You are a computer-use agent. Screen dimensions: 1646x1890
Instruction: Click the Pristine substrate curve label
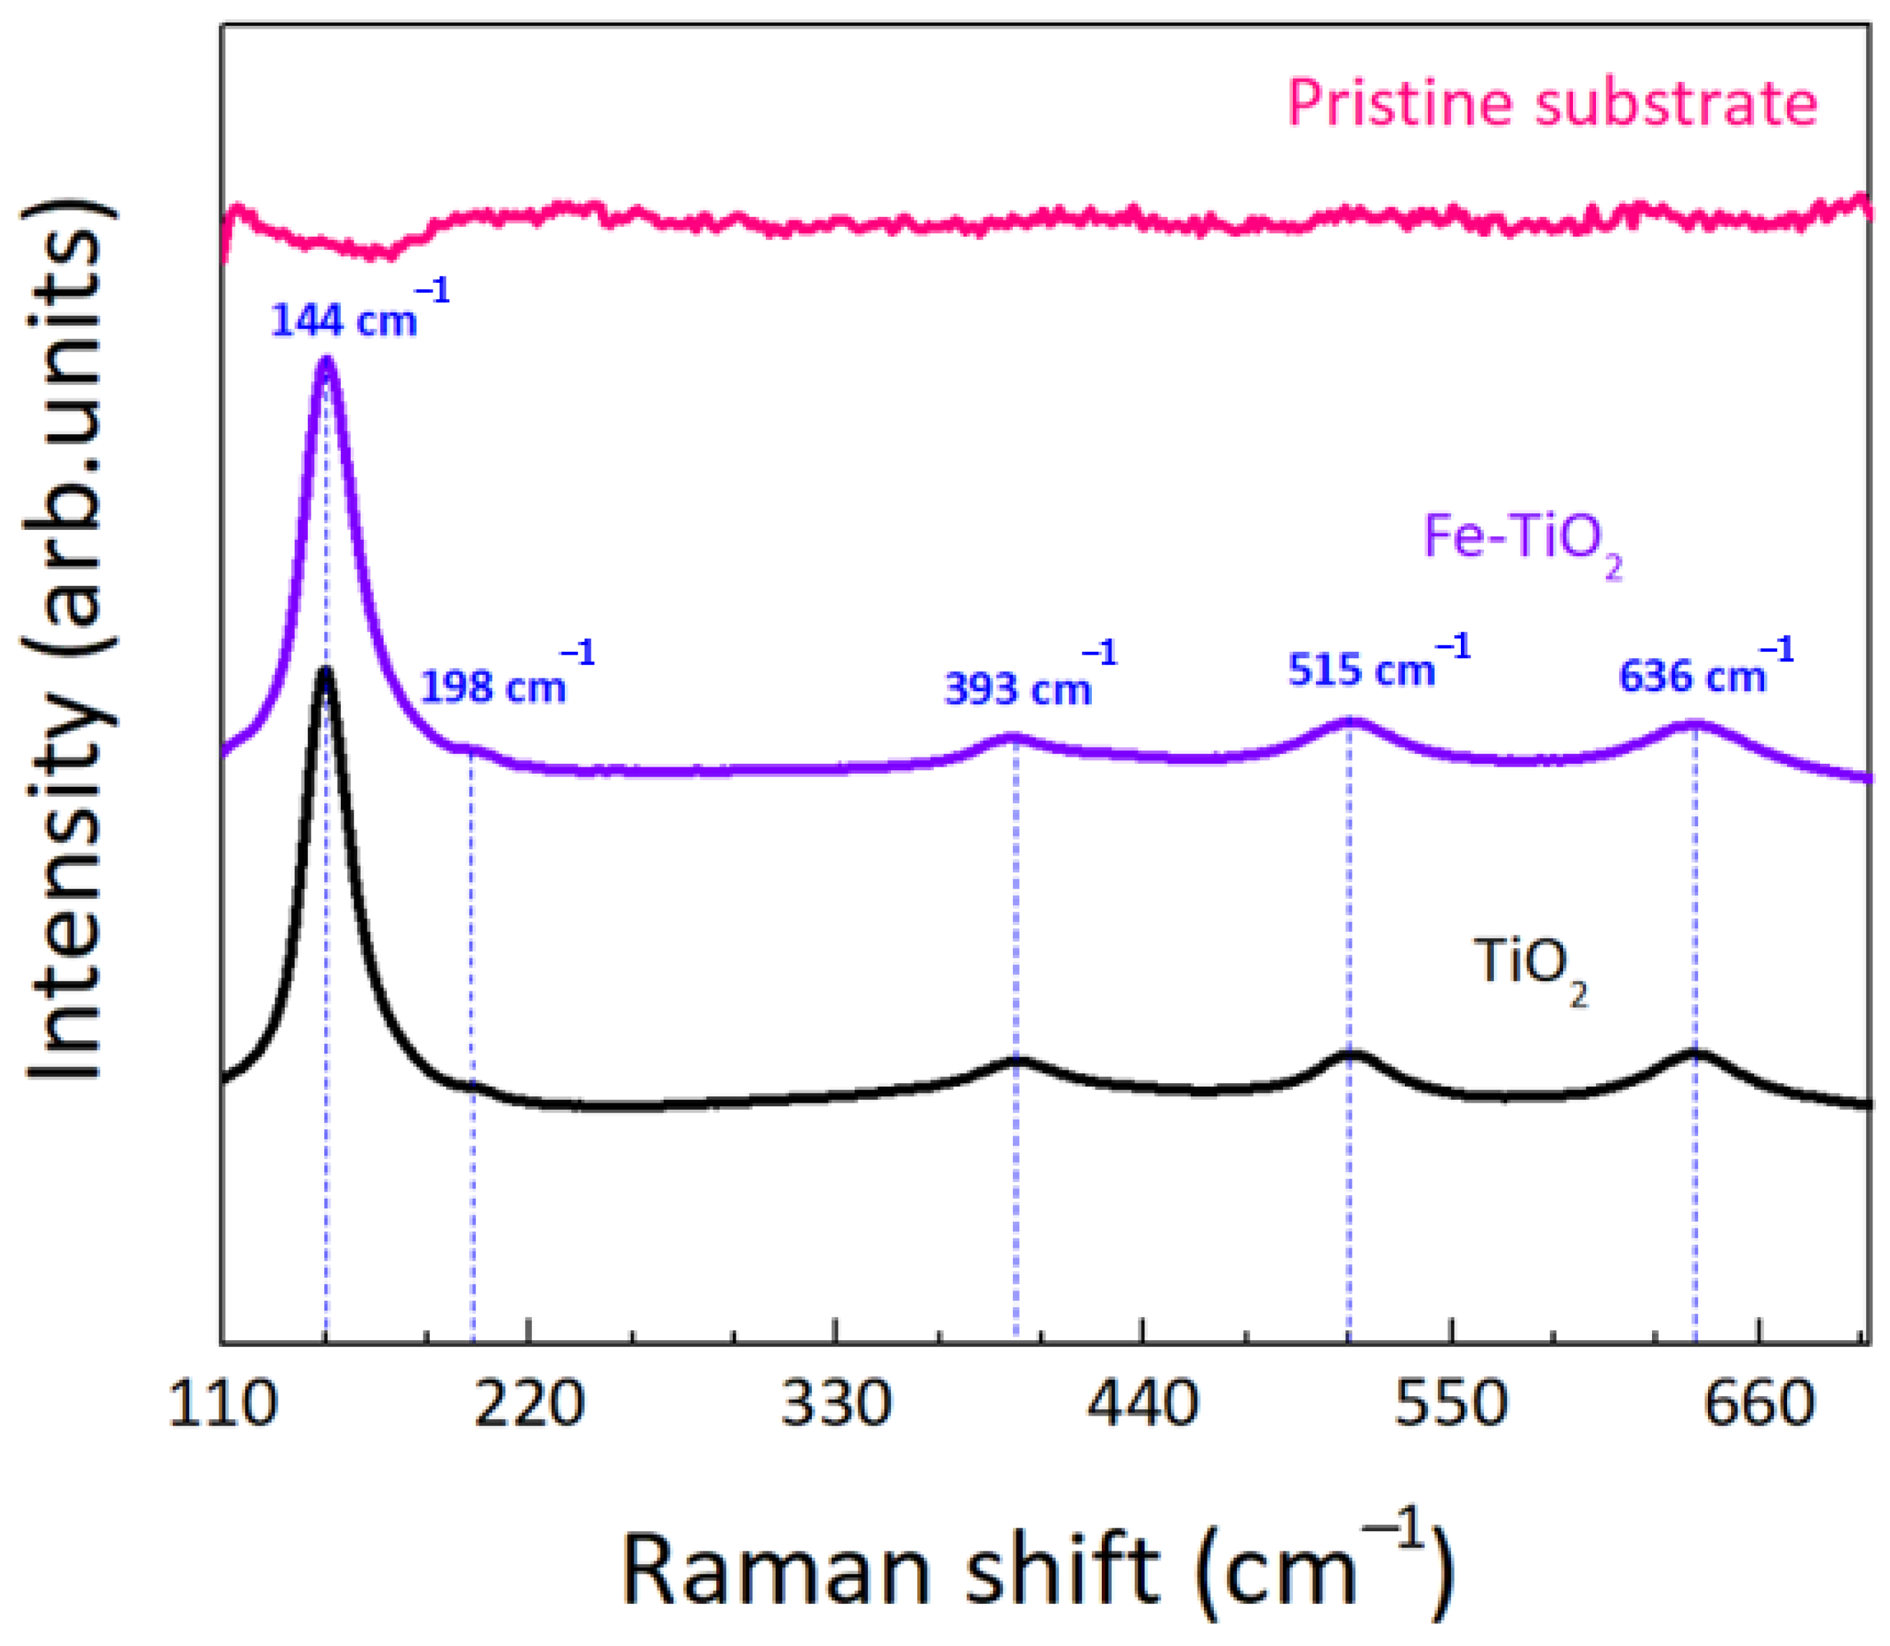(x=1552, y=103)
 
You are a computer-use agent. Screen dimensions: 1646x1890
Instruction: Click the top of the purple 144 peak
(x=325, y=362)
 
